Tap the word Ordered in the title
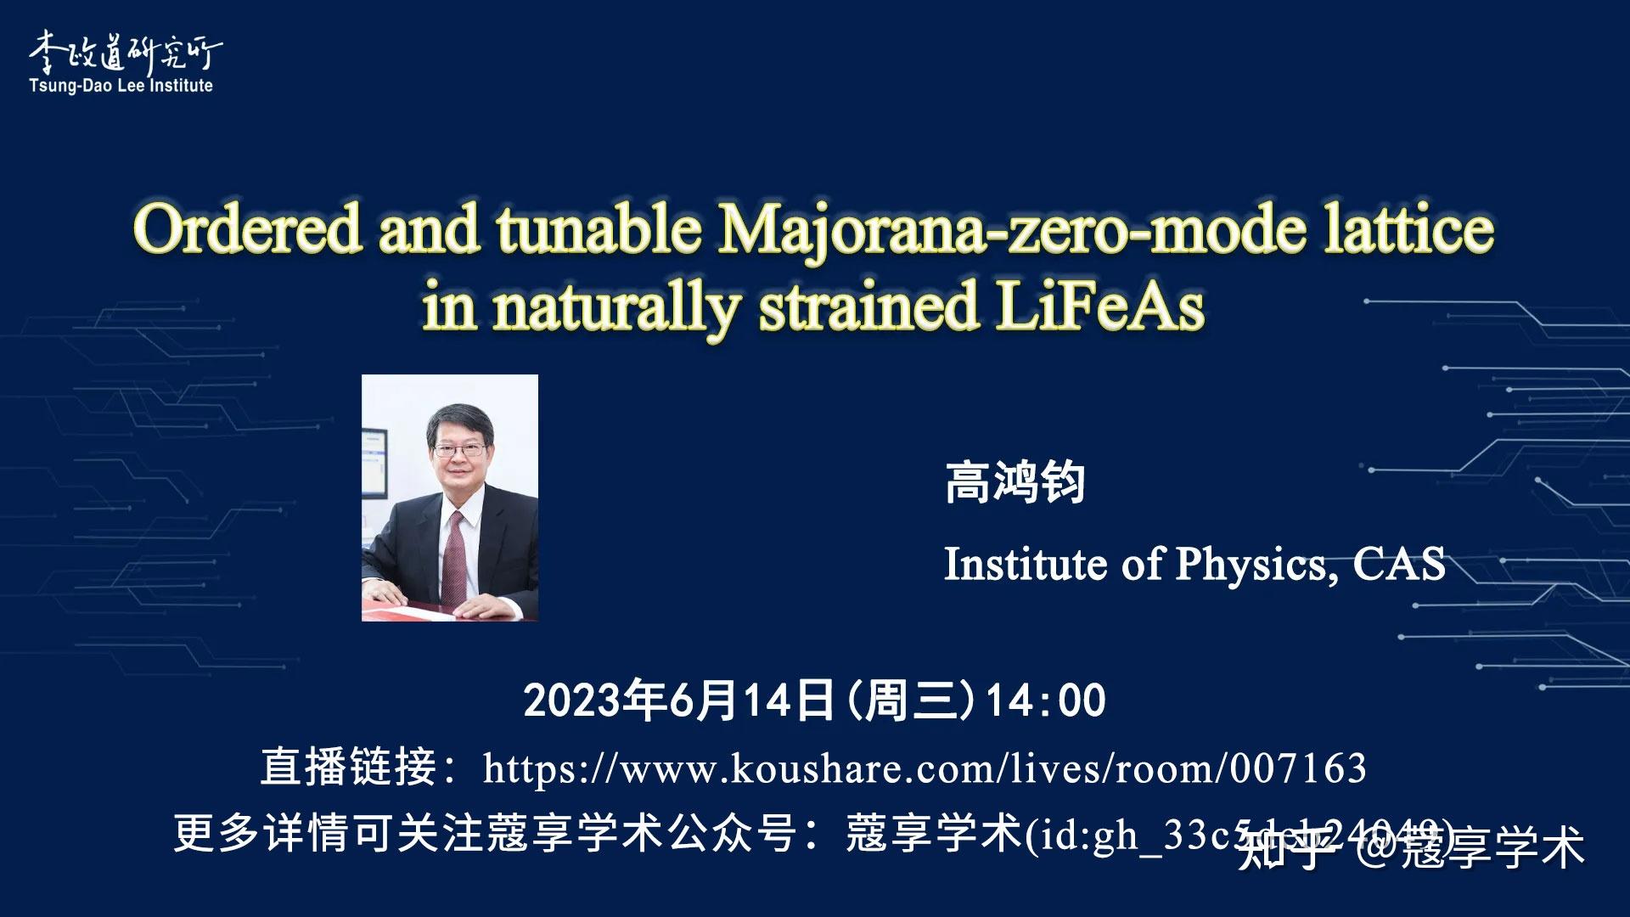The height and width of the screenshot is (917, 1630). click(x=247, y=229)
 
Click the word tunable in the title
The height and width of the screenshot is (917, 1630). click(x=599, y=229)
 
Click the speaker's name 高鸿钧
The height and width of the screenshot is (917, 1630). click(x=1015, y=482)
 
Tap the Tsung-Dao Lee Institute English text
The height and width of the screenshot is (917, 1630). click(x=121, y=86)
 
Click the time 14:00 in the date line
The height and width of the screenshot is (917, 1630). click(x=1045, y=701)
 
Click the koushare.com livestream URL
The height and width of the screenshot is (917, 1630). click(x=924, y=768)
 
